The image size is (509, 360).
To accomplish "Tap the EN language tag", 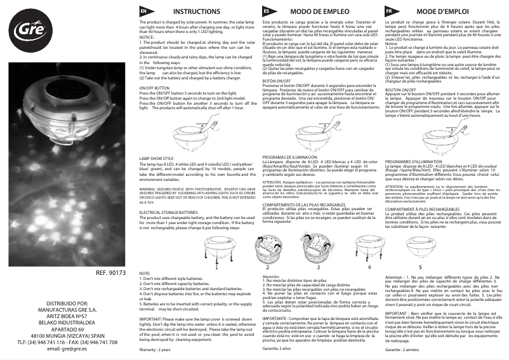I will [144, 12].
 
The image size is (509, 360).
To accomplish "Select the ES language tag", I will [267, 12].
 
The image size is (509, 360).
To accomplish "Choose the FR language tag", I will [388, 12].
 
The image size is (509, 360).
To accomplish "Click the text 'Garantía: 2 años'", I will [280, 350].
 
